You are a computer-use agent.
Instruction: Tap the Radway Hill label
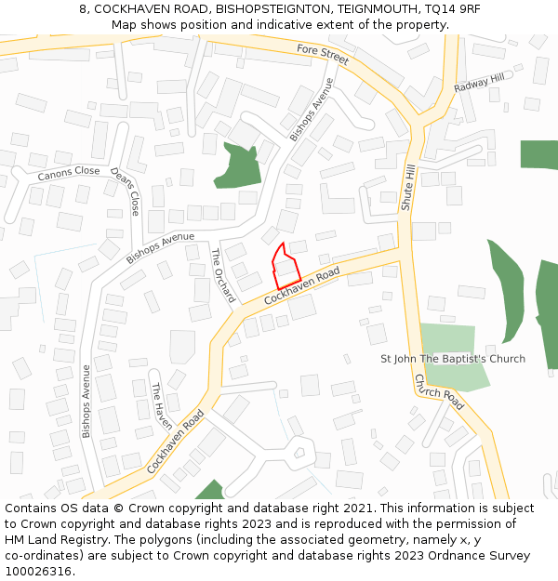pos(479,84)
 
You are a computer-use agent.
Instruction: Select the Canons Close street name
pos(69,173)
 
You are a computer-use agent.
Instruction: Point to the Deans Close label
pos(124,191)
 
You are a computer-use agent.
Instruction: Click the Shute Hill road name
pos(407,187)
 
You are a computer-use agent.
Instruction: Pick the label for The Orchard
pos(223,274)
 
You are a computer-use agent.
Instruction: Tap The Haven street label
pos(163,402)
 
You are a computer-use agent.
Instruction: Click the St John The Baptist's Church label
pos(453,359)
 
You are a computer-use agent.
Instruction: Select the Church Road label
pos(439,392)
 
